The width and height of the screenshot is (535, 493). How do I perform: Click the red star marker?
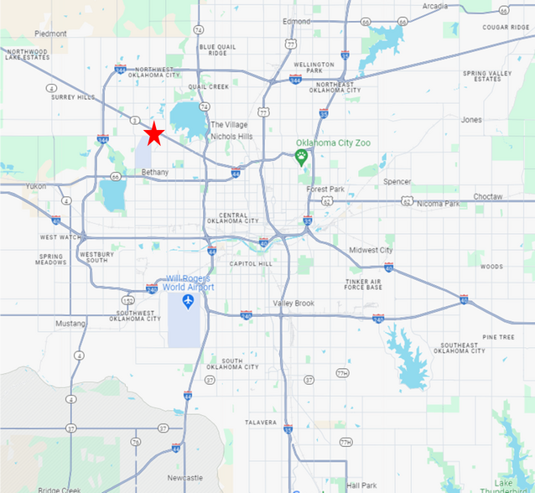coord(154,134)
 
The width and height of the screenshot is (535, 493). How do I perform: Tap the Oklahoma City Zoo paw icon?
coord(302,157)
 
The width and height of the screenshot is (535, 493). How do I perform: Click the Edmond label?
coord(296,21)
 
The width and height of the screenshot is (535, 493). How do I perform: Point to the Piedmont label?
coord(50,34)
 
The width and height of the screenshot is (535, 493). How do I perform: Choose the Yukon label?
coord(36,186)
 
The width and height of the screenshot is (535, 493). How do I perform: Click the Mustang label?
coord(70,323)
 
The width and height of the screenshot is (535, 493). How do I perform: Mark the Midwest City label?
coord(371,250)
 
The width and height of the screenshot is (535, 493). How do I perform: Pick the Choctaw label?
coord(487,196)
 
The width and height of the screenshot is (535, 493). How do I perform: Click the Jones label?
coord(471,120)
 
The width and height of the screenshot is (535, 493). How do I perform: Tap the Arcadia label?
coord(434,6)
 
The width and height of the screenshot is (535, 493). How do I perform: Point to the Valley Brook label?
coord(293,303)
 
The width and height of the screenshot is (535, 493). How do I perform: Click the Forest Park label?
coord(325,189)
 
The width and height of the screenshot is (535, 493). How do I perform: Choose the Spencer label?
coord(397,181)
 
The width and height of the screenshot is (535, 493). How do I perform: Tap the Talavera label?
coord(261,422)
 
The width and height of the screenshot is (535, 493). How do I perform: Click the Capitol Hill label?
coord(250,264)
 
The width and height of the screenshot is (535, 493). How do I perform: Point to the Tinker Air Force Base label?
coord(363,283)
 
